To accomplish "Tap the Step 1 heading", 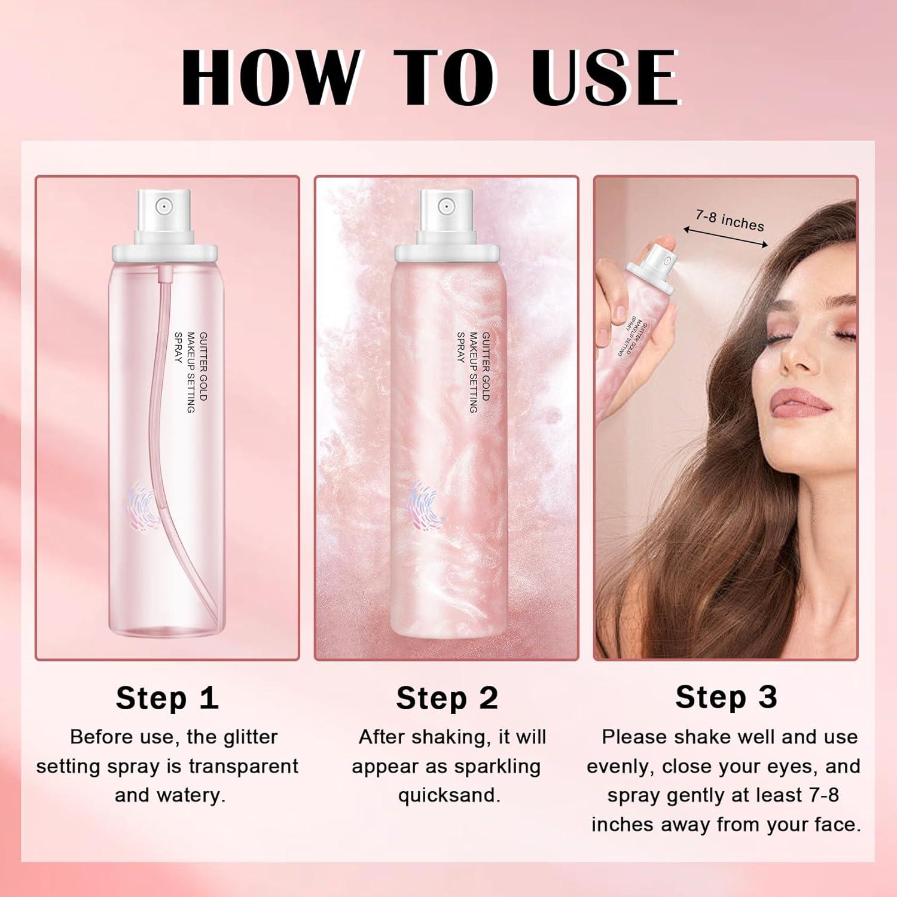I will [167, 698].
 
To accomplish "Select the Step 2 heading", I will [447, 698].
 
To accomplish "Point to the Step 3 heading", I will [726, 697].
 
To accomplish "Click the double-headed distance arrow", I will [725, 237].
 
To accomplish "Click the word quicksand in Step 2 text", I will [449, 795].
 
